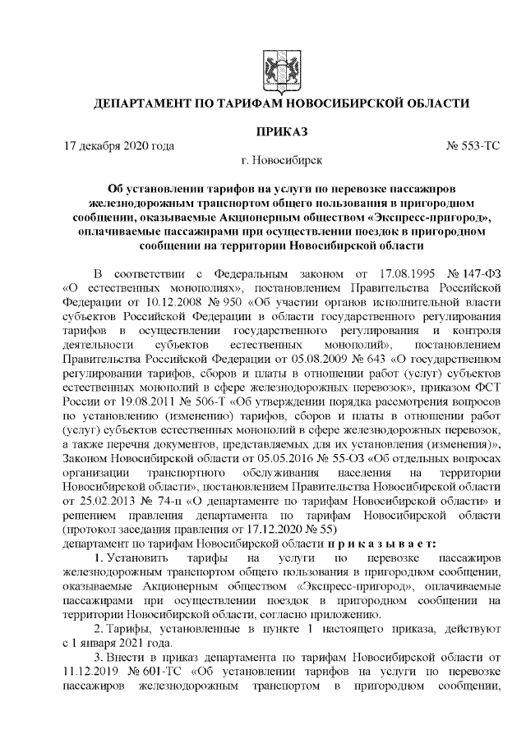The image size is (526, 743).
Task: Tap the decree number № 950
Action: coord(197,303)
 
